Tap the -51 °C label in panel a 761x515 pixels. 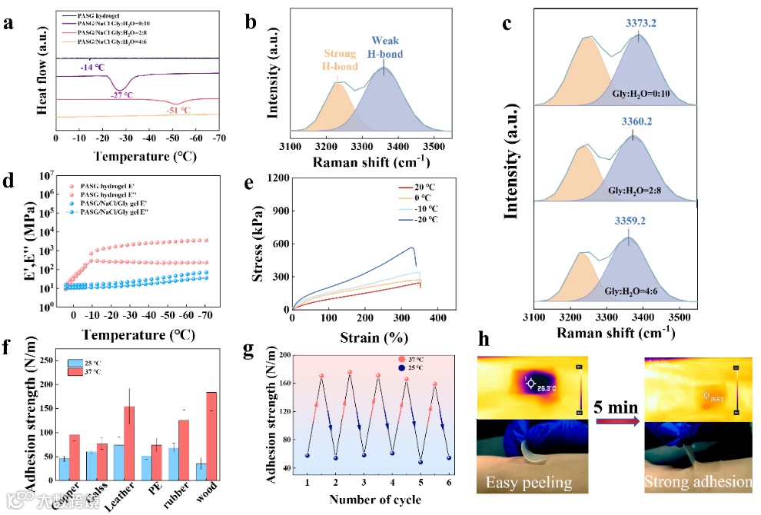pyautogui.click(x=180, y=110)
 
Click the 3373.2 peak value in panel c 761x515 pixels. pyautogui.click(x=640, y=24)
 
